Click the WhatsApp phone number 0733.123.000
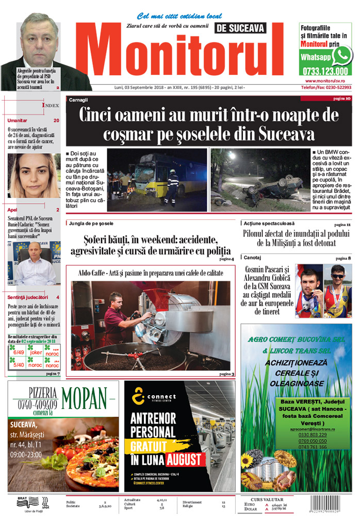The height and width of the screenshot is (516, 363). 325,72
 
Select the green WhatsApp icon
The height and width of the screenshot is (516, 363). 342,55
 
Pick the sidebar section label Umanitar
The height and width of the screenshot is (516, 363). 18,120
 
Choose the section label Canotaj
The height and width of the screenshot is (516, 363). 253,257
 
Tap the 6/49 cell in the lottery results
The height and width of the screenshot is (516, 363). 19,352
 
